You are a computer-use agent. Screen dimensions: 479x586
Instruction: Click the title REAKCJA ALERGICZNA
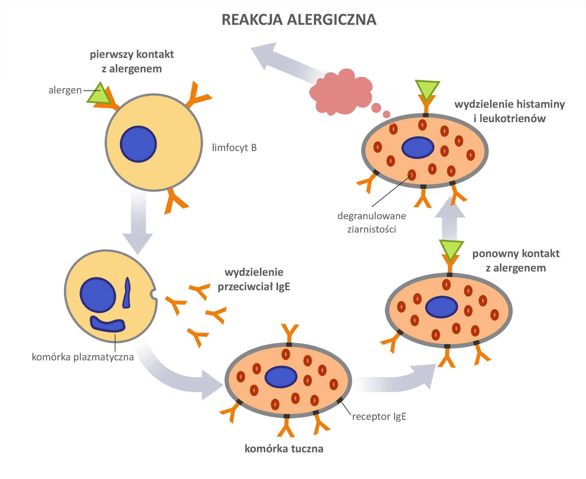coord(298,20)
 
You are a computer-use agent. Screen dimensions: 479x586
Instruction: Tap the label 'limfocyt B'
coord(234,148)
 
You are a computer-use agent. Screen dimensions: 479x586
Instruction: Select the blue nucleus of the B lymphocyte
coord(138,144)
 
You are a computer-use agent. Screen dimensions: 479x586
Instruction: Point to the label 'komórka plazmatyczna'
coord(83,357)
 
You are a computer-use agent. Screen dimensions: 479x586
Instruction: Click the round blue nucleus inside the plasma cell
coord(98,295)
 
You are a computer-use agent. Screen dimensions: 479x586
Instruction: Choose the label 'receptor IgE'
coord(379,417)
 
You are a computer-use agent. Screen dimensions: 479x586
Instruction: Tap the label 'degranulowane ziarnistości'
coord(371,223)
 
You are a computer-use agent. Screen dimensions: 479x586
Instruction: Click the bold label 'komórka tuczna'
coord(284,449)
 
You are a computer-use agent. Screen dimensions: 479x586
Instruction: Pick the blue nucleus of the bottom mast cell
coord(281,377)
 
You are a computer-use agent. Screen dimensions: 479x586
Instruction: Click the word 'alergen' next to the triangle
coord(65,90)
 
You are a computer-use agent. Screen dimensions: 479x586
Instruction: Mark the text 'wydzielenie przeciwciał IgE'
coord(254,279)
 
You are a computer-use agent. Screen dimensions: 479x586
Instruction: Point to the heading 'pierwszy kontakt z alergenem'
coord(132,61)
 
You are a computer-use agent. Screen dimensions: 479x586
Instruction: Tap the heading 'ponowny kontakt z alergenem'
coord(516,261)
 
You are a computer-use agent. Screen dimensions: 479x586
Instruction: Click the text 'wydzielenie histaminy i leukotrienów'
coord(509,111)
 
